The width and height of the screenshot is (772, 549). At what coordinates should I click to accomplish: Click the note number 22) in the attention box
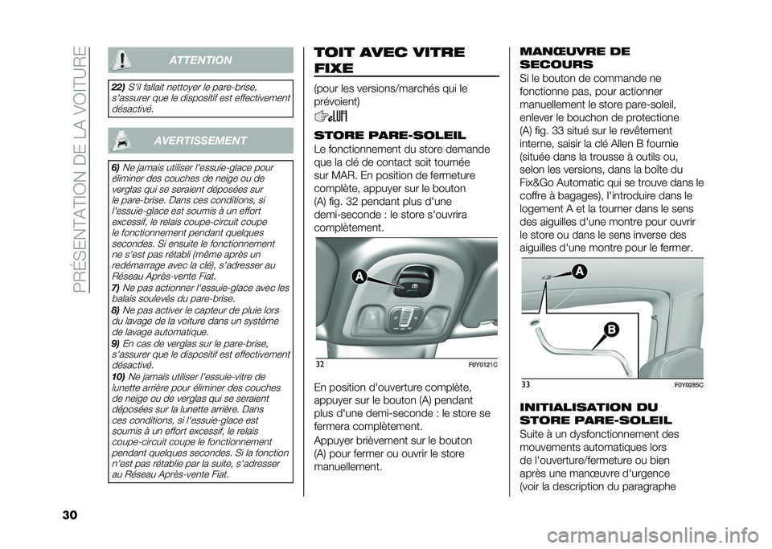pos(117,85)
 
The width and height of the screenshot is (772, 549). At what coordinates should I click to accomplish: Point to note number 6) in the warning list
pos(115,166)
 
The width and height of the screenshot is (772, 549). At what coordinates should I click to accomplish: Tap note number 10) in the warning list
pos(117,376)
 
